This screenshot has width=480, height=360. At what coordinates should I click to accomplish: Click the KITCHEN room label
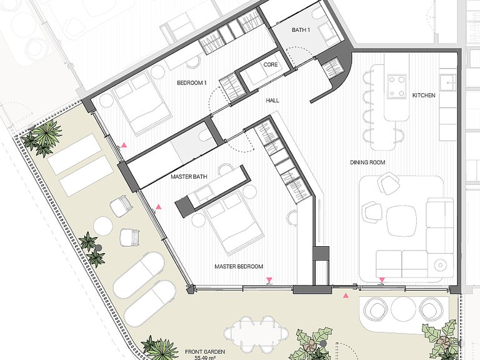pyautogui.click(x=424, y=96)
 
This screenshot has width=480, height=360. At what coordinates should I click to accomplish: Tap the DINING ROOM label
pyautogui.click(x=367, y=162)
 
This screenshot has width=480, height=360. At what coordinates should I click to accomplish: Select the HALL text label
pyautogui.click(x=272, y=101)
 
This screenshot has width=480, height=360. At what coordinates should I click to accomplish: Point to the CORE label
pyautogui.click(x=271, y=64)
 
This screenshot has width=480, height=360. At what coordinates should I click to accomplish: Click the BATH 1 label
pyautogui.click(x=301, y=30)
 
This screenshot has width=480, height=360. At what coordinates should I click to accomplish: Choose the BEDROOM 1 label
pyautogui.click(x=192, y=83)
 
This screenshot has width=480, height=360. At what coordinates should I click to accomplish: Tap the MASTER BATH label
pyautogui.click(x=189, y=177)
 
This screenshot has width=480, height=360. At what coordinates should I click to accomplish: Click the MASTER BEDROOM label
pyautogui.click(x=239, y=267)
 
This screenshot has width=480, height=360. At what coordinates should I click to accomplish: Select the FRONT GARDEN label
pyautogui.click(x=205, y=352)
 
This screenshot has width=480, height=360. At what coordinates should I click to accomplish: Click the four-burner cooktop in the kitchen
pyautogui.click(x=397, y=86)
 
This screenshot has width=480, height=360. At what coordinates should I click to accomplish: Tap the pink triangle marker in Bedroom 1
pyautogui.click(x=124, y=146)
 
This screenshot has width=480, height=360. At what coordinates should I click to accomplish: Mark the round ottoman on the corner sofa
pyautogui.click(x=440, y=264)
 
